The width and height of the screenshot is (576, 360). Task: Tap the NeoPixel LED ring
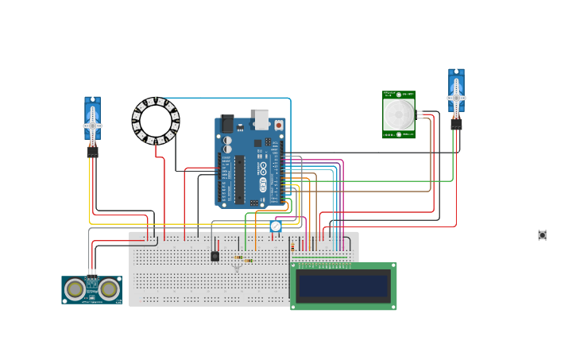coord(156,121)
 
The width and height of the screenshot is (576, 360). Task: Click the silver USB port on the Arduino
coord(261,118)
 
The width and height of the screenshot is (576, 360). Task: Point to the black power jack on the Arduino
coord(227,123)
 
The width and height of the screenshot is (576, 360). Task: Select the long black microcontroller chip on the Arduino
coord(239,179)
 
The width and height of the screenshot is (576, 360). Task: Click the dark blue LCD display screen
coord(343,286)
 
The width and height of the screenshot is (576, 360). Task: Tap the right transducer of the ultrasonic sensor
coord(108,290)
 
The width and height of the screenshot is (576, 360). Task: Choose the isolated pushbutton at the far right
coord(542,235)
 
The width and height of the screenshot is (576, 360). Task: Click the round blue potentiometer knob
coord(276,226)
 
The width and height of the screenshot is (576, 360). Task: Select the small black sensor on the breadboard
coord(215,256)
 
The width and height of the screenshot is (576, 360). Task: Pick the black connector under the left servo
coord(92,151)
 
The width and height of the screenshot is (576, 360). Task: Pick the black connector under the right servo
coord(456,124)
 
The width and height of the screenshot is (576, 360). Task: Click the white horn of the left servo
coord(92,126)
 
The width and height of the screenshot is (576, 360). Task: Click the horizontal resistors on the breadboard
coord(244,258)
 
